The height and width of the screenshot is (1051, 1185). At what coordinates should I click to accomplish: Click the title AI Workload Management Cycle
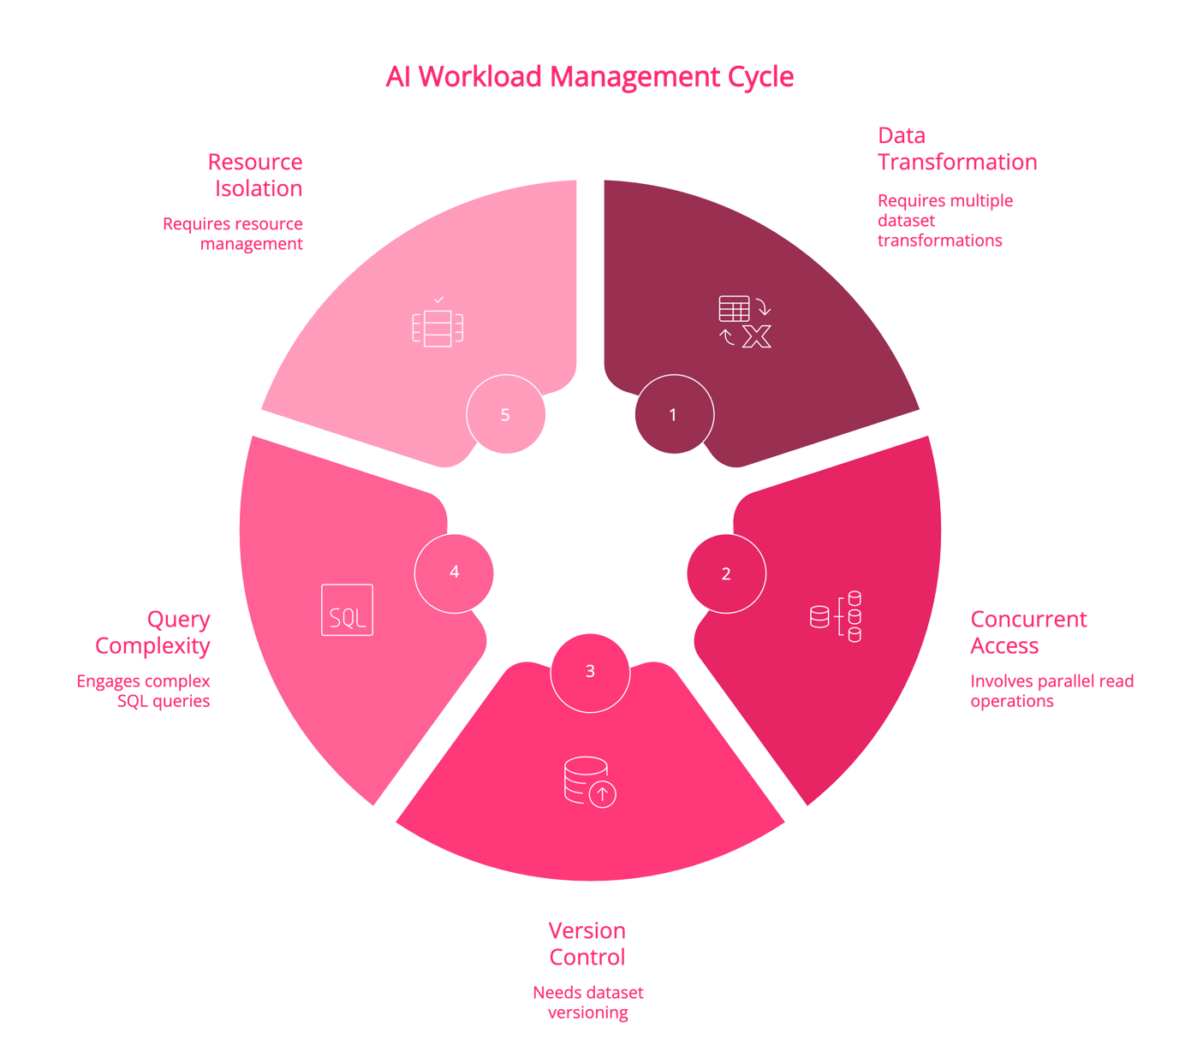[x=589, y=77]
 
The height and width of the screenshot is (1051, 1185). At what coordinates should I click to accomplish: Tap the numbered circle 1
[x=674, y=414]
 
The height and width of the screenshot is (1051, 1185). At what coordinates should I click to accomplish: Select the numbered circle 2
[x=726, y=573]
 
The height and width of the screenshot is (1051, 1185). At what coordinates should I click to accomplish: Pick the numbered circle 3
[x=590, y=673]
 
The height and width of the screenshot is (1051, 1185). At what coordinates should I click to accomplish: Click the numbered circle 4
[x=454, y=573]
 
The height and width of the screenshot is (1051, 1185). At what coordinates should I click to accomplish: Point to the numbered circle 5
[x=505, y=414]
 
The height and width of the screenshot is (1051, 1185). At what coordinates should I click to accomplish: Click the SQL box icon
[x=347, y=609]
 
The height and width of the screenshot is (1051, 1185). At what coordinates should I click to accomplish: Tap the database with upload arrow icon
[x=590, y=782]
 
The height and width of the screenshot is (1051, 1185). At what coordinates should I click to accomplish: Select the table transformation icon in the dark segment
[x=745, y=322]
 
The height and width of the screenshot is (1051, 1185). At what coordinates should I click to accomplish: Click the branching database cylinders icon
[x=835, y=616]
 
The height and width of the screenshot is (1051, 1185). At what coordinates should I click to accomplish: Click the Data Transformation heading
[x=957, y=149]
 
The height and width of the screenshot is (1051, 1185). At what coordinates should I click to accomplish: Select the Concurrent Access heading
[x=1028, y=632]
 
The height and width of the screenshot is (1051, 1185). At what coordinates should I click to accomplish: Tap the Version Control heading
[x=587, y=943]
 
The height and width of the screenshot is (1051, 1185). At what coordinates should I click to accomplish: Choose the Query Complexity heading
[x=152, y=632]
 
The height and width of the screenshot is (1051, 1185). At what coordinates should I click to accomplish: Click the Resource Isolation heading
[x=255, y=175]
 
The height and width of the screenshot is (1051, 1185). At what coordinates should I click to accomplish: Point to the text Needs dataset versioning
[x=588, y=1002]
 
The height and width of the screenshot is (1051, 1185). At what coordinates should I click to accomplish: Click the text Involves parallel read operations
[x=1051, y=691]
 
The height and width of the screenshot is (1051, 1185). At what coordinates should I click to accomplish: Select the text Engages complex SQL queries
[x=143, y=691]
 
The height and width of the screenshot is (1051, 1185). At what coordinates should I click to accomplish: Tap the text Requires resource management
[x=233, y=234]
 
